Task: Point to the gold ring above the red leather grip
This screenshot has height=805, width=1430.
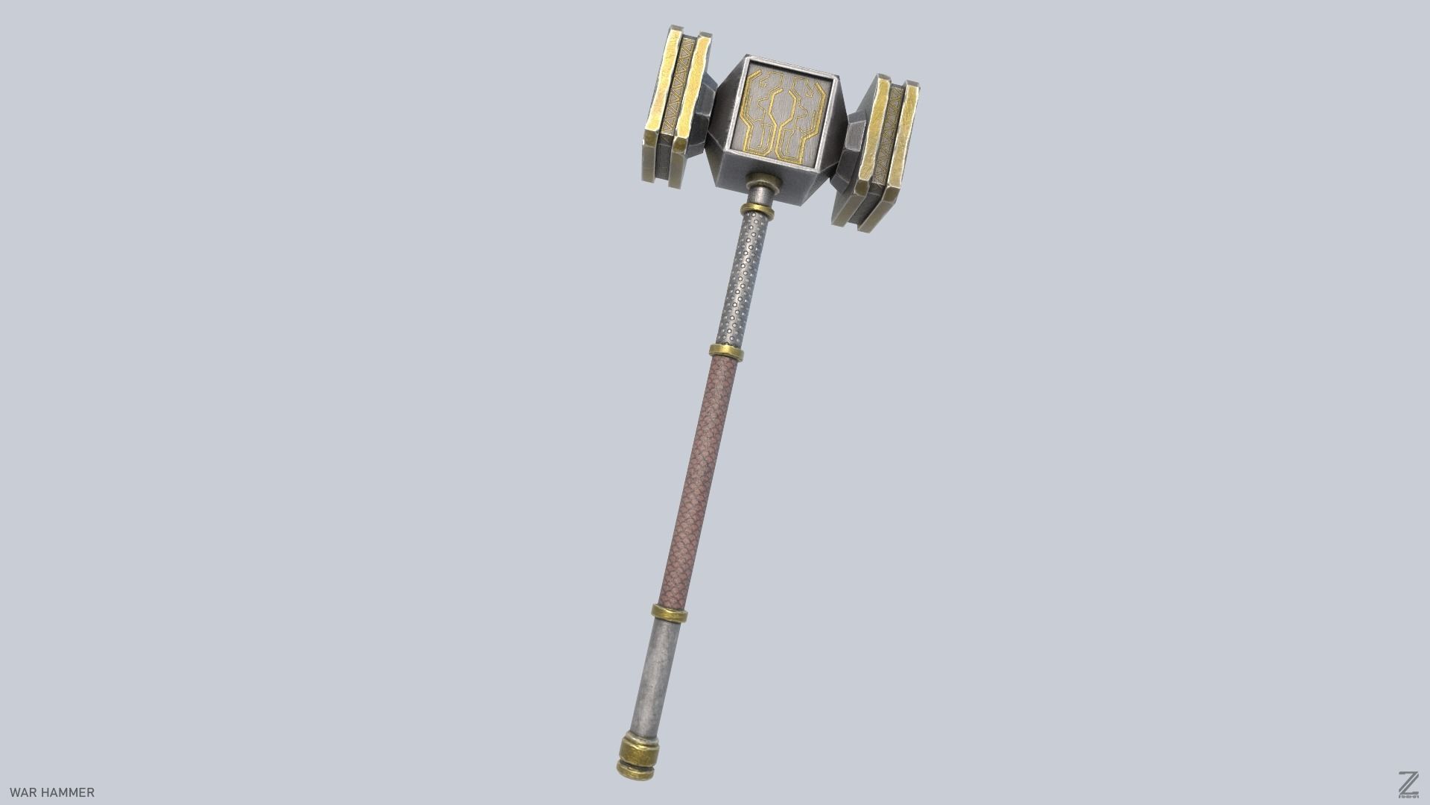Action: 725,352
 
